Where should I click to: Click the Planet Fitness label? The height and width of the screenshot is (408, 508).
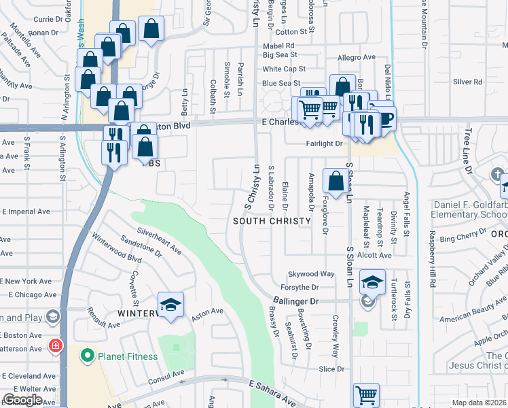click(127, 356)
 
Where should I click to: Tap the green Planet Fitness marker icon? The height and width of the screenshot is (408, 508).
click(87, 355)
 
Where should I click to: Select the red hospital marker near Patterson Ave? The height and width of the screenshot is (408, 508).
click(55, 346)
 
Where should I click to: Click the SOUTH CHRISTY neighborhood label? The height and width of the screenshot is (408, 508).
click(272, 222)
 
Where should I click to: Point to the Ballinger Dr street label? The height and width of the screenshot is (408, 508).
click(296, 301)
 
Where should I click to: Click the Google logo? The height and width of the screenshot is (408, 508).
click(22, 400)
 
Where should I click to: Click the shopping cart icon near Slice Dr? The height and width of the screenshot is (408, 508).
click(366, 394)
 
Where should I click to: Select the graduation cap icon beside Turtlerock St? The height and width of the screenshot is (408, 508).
click(372, 281)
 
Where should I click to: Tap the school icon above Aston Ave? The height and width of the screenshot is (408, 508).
click(170, 305)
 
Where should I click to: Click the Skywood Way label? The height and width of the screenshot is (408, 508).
click(311, 274)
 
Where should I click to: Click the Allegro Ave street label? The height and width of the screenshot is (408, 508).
click(357, 58)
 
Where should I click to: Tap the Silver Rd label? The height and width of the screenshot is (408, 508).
click(467, 82)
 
